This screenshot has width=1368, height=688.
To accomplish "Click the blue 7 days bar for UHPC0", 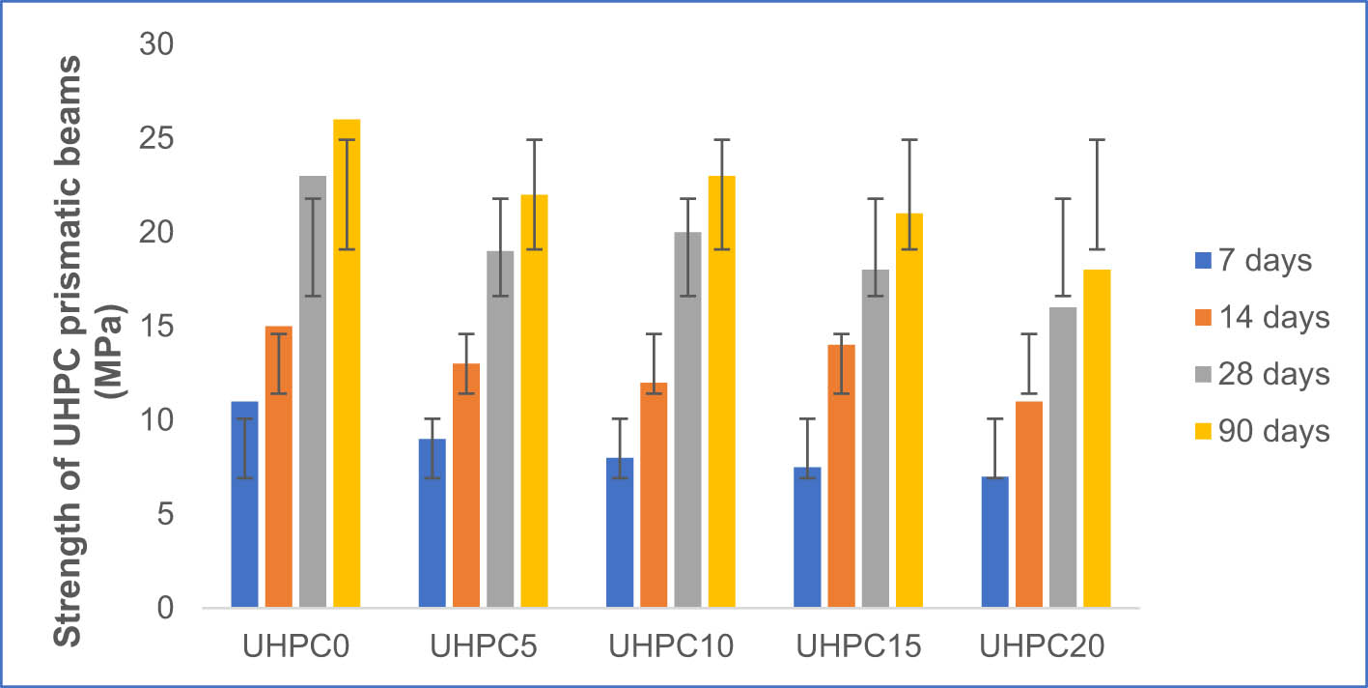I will (244, 504).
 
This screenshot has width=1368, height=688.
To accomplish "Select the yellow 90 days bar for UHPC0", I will (347, 364).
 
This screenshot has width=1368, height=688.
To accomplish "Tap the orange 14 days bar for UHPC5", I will (466, 485).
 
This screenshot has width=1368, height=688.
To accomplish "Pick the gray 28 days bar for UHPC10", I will (687, 420).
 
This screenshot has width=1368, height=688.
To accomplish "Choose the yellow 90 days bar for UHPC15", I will (908, 411).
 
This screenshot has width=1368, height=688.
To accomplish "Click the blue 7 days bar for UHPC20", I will (994, 542).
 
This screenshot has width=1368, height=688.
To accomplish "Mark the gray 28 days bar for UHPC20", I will (1063, 457).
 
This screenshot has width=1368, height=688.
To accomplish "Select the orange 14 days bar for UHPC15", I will (841, 476).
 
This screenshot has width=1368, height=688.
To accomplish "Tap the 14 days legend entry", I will (1260, 317).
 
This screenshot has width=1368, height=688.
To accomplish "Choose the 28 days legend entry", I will (1260, 374).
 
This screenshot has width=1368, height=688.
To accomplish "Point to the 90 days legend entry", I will (1260, 431).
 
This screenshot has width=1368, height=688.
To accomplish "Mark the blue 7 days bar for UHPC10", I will (620, 532).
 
